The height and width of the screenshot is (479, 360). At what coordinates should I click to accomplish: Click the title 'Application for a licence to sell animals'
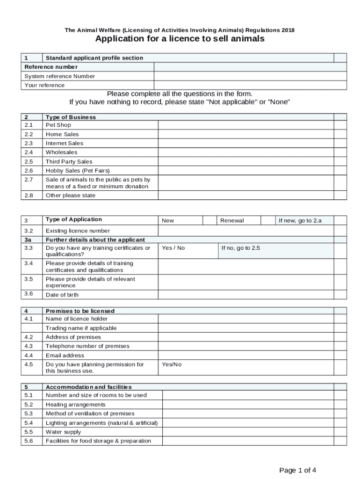(180, 39)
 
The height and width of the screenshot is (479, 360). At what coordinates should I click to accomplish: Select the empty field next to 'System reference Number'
(250, 76)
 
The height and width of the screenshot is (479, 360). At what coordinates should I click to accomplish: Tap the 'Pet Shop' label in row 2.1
(58, 125)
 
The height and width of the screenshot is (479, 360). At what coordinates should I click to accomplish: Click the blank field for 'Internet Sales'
(246, 144)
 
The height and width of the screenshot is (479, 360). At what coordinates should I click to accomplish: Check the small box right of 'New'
(209, 220)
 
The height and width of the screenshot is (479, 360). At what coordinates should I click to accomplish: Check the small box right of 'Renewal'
(267, 220)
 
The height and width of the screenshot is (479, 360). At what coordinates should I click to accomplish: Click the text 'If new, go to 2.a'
(300, 220)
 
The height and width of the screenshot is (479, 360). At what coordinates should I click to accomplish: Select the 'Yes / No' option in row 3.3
(173, 248)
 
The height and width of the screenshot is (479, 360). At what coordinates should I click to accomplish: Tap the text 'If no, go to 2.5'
(240, 248)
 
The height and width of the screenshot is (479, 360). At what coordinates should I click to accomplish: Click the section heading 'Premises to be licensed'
(80, 311)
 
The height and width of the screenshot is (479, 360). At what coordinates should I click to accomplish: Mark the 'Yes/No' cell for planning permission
(172, 364)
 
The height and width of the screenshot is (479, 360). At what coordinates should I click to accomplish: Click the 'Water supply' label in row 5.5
(63, 432)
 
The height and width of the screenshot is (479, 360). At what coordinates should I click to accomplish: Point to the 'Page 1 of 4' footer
(297, 470)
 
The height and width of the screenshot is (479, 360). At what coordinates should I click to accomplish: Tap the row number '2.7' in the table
(29, 180)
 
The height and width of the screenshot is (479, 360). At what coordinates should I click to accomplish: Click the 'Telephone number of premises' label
(87, 346)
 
